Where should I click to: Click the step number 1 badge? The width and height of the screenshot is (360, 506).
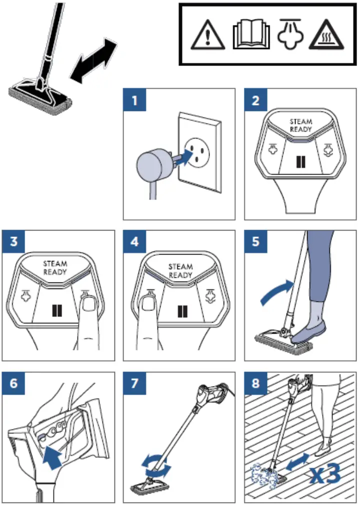(134, 100)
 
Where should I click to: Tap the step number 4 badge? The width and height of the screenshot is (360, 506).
(134, 242)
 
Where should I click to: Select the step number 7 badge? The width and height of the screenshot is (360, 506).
(134, 383)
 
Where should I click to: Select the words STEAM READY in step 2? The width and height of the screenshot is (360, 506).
(301, 125)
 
